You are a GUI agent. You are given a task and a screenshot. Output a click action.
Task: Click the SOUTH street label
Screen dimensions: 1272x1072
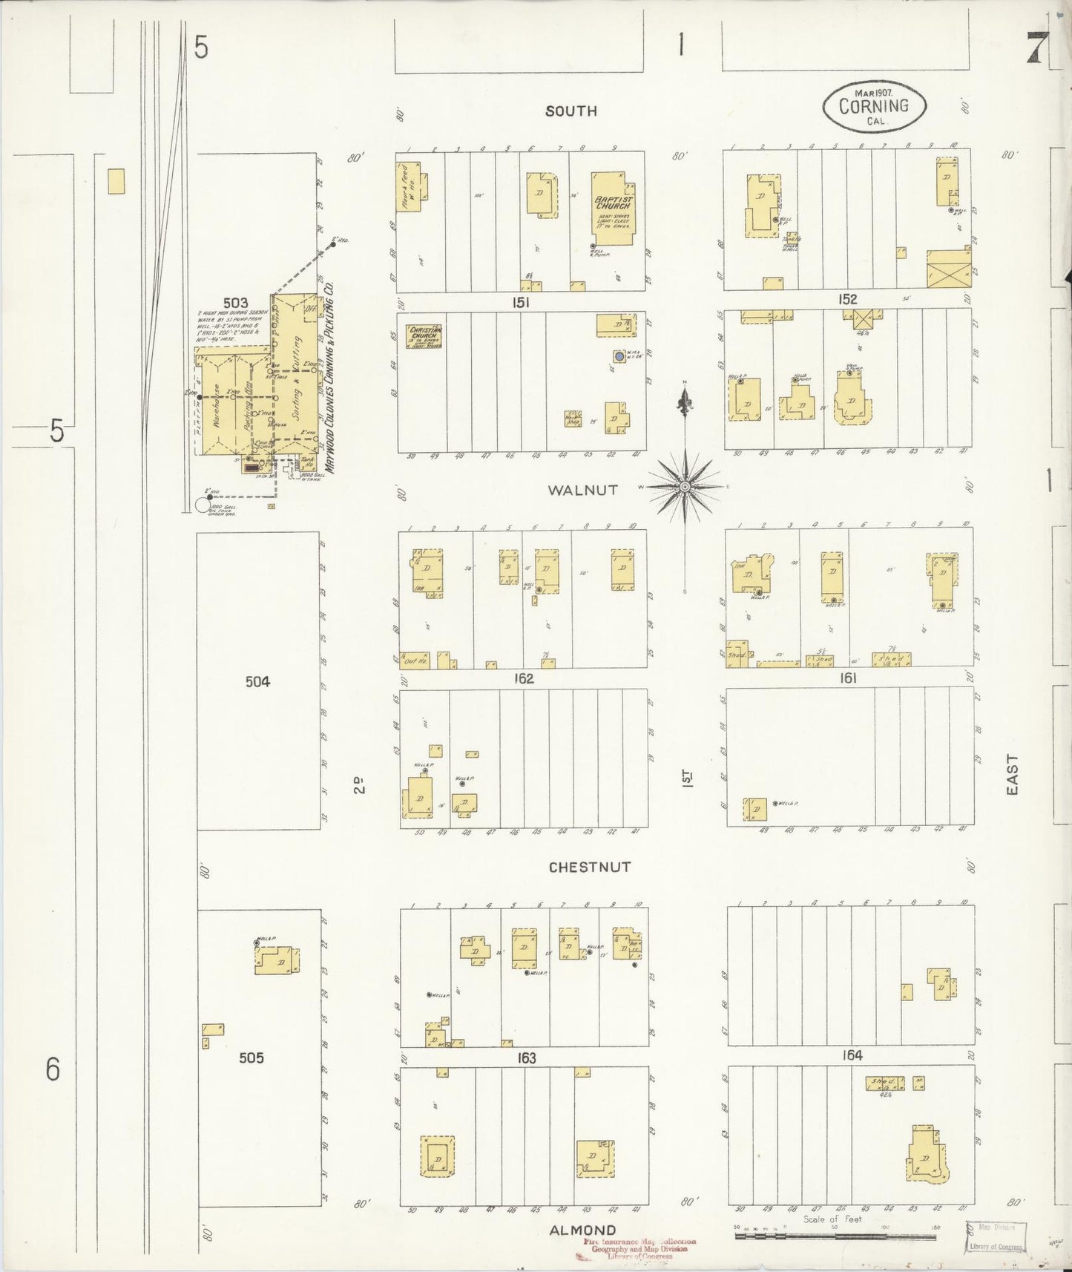tap(570, 111)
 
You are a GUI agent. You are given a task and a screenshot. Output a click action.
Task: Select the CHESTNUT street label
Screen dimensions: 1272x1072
tap(590, 867)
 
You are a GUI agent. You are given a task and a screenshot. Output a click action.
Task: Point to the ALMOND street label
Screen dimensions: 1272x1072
tap(582, 1230)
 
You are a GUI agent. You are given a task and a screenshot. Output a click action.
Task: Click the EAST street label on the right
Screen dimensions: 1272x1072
tap(1013, 775)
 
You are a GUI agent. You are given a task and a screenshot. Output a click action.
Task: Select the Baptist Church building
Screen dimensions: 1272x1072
tap(614, 209)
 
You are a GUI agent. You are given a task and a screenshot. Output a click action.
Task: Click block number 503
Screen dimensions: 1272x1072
tap(235, 303)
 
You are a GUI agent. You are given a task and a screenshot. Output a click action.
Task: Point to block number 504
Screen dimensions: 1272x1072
tap(257, 681)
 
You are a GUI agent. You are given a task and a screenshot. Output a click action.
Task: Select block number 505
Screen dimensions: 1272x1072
tap(251, 1058)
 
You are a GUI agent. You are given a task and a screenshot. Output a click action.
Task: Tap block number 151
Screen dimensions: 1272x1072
tap(522, 303)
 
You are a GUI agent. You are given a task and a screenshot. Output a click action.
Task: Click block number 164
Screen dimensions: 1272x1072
tap(852, 1055)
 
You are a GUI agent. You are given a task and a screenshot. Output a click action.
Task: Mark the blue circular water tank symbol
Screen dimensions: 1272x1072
tap(619, 356)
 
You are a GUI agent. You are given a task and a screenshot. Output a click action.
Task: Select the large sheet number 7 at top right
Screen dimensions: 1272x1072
tap(1037, 49)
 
